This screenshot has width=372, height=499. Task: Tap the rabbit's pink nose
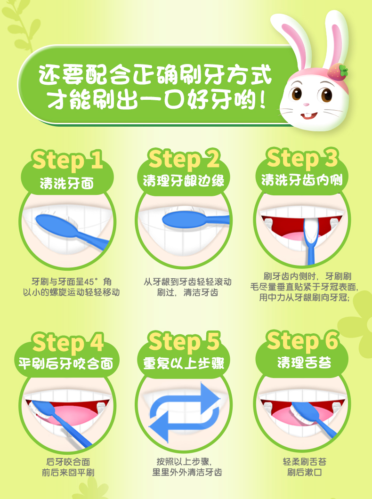306,105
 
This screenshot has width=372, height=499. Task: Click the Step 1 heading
67,160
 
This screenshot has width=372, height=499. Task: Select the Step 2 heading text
184,159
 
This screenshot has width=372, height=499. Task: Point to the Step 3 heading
302,158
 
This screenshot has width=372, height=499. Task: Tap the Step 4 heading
68,343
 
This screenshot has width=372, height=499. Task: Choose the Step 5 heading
184,342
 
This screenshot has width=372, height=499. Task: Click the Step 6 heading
303,341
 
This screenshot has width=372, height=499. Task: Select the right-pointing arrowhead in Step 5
210,398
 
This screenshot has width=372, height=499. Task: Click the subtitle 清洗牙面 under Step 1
67,183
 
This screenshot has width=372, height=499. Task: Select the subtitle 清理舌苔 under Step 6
304,362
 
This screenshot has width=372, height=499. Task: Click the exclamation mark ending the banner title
262,100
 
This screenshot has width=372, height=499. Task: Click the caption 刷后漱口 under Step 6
305,472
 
